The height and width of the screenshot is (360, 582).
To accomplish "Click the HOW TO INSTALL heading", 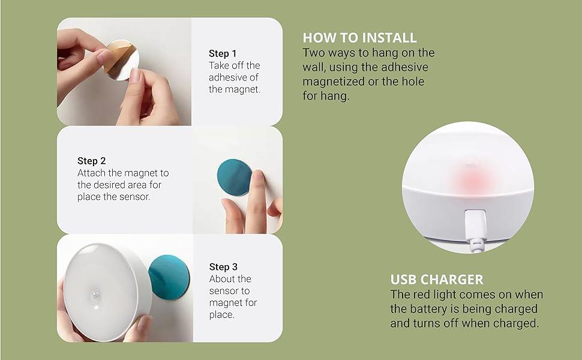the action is [359, 38].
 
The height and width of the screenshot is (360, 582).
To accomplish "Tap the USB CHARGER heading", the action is [437, 280].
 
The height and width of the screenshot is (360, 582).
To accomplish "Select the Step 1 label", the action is [223, 53].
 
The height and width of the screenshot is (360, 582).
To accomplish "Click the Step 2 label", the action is [91, 161].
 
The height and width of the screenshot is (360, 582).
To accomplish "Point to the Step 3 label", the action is [223, 267].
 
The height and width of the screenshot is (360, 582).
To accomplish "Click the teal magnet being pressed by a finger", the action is [234, 178].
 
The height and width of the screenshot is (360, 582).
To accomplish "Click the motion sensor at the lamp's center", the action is [96, 296].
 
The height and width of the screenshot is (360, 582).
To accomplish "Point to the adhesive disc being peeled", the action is [121, 60].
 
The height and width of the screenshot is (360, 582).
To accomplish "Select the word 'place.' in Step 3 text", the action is [221, 315].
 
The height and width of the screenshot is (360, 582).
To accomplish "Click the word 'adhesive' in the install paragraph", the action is [404, 67].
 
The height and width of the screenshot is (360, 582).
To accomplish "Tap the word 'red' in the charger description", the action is [420, 295].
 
